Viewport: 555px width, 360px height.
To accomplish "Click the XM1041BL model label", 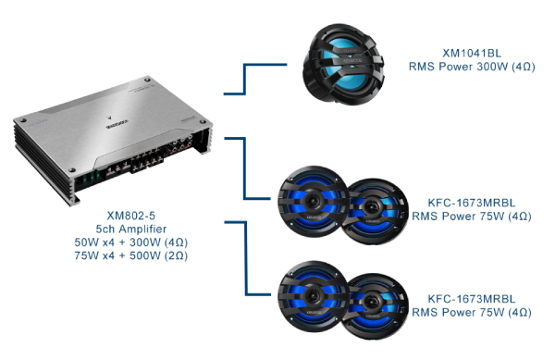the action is [x=472, y=53].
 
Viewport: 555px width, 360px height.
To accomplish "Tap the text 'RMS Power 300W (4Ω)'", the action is [x=472, y=67].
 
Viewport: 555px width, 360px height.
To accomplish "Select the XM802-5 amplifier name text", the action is [x=131, y=216].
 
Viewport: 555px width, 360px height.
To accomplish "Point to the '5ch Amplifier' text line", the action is [x=131, y=229].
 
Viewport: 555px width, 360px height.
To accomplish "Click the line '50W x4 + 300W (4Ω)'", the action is [x=131, y=242].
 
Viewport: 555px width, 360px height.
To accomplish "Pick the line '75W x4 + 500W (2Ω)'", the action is [x=131, y=255].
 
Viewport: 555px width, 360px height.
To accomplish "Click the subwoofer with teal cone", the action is [x=342, y=65].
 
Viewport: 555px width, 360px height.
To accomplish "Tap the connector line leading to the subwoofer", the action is [x=244, y=79].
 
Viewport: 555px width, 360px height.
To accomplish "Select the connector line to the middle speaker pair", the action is [x=244, y=168].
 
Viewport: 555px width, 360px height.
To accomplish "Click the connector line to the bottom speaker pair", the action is [x=246, y=258].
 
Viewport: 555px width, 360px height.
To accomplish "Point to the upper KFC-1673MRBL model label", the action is [x=472, y=203].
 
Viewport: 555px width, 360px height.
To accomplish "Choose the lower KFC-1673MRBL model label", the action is [x=472, y=299].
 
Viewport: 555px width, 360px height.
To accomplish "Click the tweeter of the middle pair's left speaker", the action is [x=313, y=200].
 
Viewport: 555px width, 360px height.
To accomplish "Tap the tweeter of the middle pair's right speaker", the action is [x=371, y=206].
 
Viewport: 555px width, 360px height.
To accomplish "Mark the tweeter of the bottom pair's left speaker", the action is [x=313, y=295].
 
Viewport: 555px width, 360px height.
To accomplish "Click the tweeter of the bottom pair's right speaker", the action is [x=371, y=302].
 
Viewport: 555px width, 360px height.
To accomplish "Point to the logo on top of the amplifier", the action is [x=117, y=122].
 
